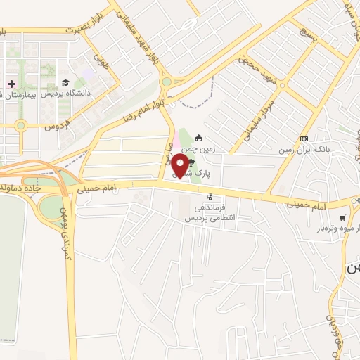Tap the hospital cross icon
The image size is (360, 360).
[11, 83]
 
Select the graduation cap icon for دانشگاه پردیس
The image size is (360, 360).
[65, 82]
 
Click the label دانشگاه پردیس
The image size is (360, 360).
[65, 94]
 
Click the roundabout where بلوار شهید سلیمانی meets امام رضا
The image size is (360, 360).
[167, 82]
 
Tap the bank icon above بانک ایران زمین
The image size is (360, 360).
[304, 139]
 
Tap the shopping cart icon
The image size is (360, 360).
[342, 218]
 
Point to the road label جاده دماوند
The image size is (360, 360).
[28, 189]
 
